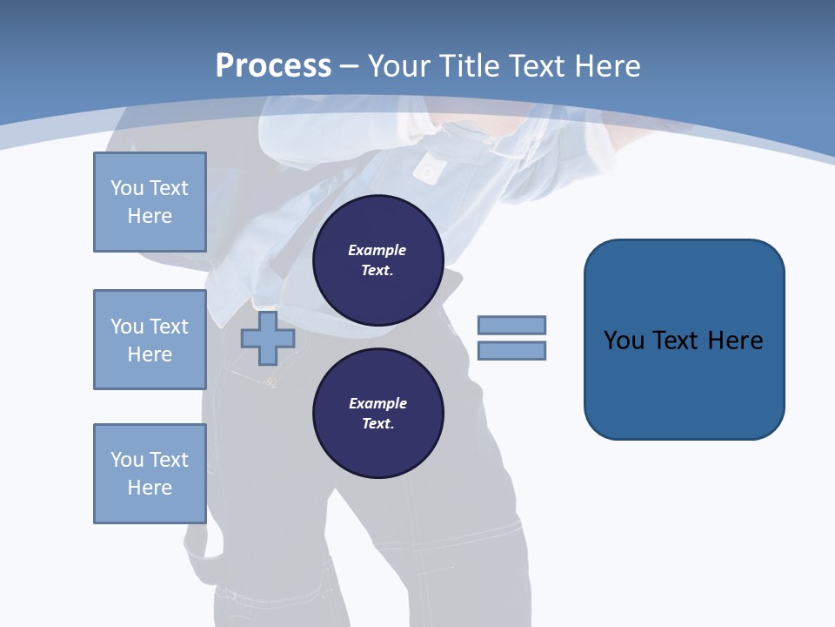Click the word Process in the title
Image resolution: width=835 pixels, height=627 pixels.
(x=273, y=66)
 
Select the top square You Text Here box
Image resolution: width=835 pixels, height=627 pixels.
(x=150, y=202)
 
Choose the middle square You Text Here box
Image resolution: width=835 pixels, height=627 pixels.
(x=150, y=340)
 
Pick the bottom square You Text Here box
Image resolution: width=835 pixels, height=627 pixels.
(x=150, y=474)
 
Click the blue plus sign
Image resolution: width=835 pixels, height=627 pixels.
(x=267, y=339)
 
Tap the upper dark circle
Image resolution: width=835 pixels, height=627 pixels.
(x=378, y=260)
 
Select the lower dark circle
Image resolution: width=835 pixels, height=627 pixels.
(x=378, y=414)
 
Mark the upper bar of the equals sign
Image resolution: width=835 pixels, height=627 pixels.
(x=511, y=325)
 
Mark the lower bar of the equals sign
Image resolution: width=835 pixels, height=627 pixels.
(x=511, y=351)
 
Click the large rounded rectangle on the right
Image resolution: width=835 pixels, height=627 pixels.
(x=684, y=340)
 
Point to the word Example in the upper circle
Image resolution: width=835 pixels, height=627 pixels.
(x=377, y=250)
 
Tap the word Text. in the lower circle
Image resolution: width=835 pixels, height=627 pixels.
(x=377, y=424)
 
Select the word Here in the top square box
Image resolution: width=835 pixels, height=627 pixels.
(x=150, y=216)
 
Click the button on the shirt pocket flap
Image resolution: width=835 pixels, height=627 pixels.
(x=426, y=172)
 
